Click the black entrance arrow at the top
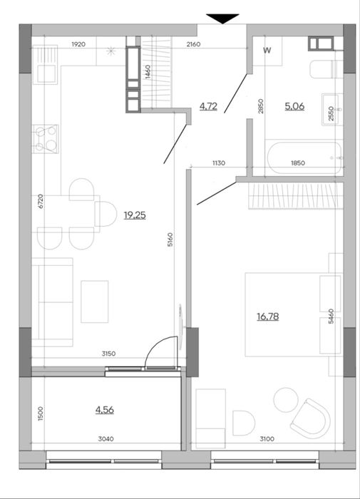point(222,19)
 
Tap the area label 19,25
point(135,215)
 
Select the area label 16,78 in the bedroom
point(268,317)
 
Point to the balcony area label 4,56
point(105,410)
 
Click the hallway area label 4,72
point(208,106)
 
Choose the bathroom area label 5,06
point(294,106)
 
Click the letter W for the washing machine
point(267,50)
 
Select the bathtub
point(304,158)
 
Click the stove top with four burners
point(46,138)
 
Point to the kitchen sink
point(45,65)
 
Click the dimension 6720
point(40,201)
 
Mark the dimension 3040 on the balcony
point(106,439)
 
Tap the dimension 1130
point(219,163)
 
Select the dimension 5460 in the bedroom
point(331,316)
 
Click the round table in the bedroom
point(286,400)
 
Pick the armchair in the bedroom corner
point(310,418)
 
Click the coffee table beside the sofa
point(95,302)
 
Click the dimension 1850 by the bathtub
point(298,163)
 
